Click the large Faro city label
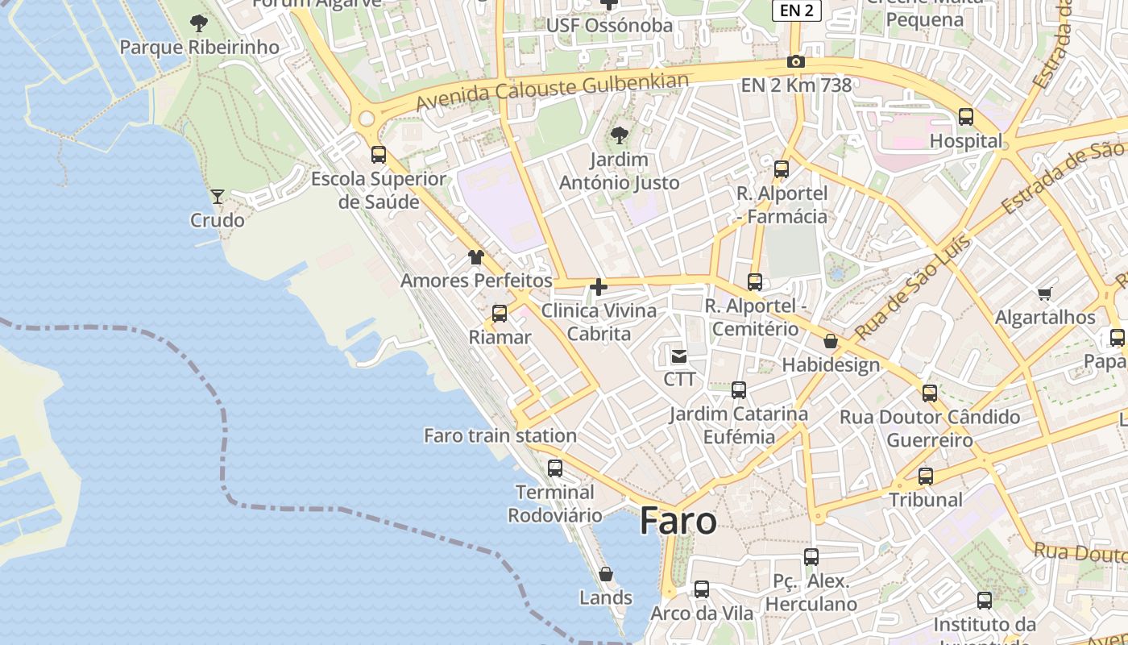[678, 522]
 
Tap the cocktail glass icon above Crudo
[217, 196]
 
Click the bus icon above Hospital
[966, 117]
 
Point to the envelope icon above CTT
[679, 356]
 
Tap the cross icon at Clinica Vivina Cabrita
[599, 286]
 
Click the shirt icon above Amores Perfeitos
[476, 257]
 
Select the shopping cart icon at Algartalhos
[1045, 293]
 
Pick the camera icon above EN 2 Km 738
[795, 62]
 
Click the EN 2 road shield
[796, 10]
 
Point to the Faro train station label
[500, 436]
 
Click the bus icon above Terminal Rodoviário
[555, 468]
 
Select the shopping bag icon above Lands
[606, 574]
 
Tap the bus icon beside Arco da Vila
[702, 589]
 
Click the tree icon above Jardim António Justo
[619, 135]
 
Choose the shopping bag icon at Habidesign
[831, 341]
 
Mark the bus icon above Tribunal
[926, 476]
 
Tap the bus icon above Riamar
[500, 314]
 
